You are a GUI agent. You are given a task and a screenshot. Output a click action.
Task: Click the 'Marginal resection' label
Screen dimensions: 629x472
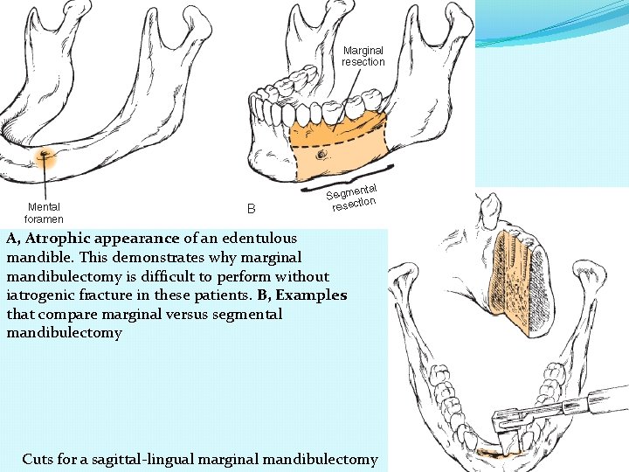[x=363, y=56]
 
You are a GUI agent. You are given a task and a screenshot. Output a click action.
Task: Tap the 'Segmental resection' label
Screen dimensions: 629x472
[x=351, y=198]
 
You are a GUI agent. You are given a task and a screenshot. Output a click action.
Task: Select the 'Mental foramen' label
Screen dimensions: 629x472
[x=44, y=212]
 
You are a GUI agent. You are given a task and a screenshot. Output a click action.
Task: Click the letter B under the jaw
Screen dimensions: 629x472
[x=251, y=209]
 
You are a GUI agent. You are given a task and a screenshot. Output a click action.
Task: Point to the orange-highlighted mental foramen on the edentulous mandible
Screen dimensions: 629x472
[x=42, y=157]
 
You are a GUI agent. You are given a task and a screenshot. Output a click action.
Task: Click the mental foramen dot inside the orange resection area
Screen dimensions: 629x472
[x=321, y=155]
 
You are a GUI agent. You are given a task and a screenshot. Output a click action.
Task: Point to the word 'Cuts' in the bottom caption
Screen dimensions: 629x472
[x=38, y=459]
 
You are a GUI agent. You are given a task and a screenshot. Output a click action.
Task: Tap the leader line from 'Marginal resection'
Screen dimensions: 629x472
[x=349, y=101]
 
